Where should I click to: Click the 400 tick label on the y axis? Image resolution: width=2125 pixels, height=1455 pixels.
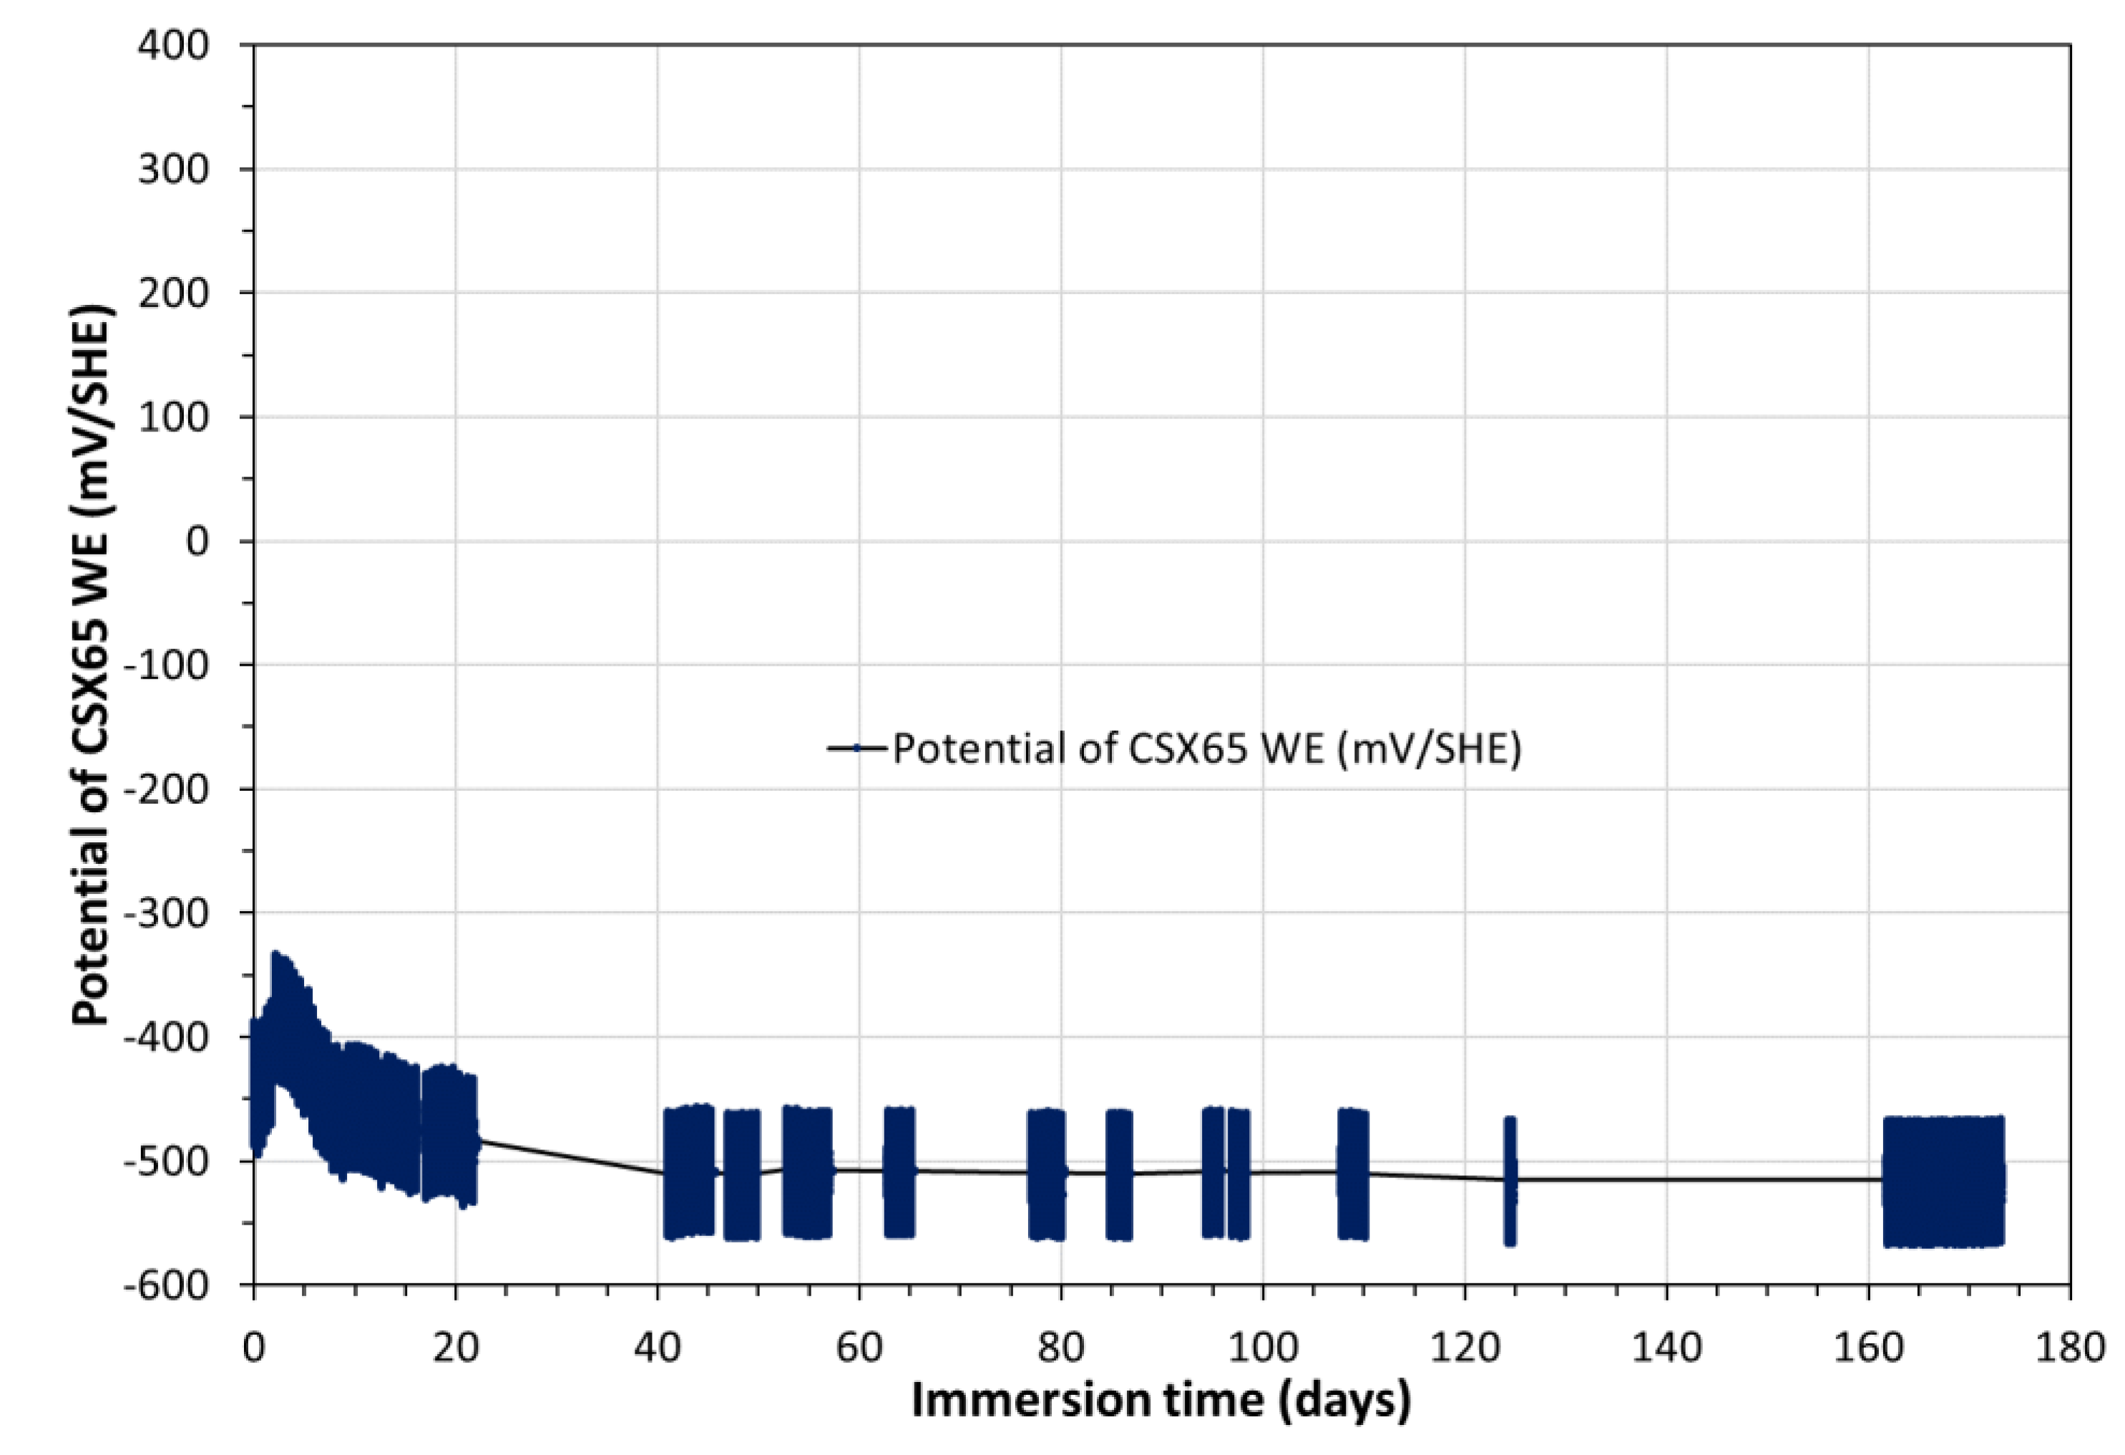coord(173,45)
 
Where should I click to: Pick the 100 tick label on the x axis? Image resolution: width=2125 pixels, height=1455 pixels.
coord(1263,1348)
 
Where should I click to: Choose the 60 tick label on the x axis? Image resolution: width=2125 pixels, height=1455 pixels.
coord(859,1348)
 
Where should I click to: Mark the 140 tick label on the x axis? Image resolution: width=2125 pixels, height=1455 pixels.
coord(1666,1348)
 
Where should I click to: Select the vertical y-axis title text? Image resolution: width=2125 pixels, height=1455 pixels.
coord(92,665)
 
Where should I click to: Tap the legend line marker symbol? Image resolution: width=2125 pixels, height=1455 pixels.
coord(856,748)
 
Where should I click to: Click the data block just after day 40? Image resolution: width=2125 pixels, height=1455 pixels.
coord(688,1172)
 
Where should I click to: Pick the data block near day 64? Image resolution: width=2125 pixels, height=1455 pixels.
coord(899,1172)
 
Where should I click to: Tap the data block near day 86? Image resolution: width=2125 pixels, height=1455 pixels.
coord(1119,1174)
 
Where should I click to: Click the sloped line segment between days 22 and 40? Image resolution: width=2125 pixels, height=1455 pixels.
coord(567,1157)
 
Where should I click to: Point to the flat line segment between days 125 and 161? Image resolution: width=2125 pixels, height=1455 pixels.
coord(1691,1179)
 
